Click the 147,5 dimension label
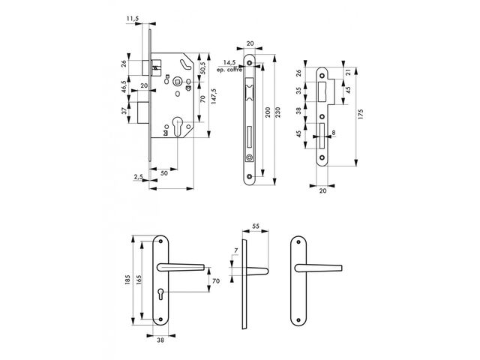214,97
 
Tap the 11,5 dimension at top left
133,19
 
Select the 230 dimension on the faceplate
278,112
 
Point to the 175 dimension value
361,114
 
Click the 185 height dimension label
127,280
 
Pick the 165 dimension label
139,280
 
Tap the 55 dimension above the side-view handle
256,226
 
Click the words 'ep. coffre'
229,70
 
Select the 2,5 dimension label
138,177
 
